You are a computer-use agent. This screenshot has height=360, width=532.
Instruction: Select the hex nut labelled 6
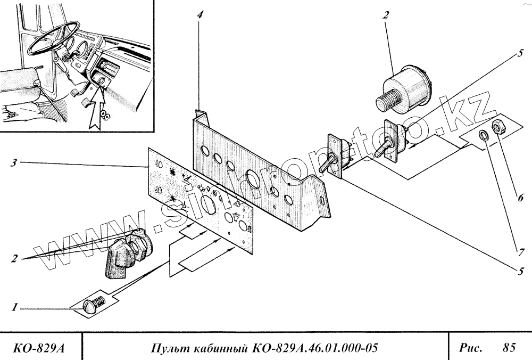coord(500,127)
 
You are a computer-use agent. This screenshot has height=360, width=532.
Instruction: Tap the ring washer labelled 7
coord(483,135)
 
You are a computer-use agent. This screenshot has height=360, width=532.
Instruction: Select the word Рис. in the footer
coord(471,349)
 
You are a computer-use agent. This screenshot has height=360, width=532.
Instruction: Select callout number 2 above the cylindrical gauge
coord(384,15)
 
